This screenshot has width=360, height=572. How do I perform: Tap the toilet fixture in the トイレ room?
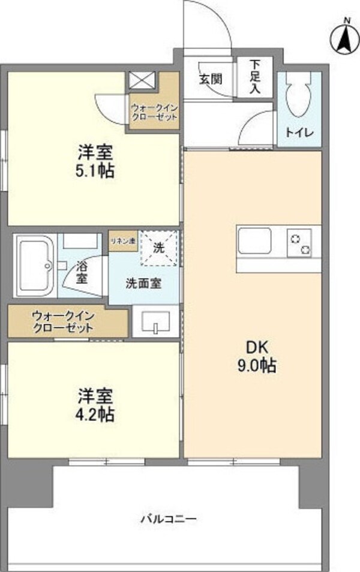299,95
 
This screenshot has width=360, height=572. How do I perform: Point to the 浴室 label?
81,274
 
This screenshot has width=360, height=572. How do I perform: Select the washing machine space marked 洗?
160,247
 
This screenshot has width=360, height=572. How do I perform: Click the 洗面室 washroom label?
143,284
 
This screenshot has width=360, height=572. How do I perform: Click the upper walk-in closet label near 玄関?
154,112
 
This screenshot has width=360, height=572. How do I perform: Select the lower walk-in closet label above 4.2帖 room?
62,321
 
